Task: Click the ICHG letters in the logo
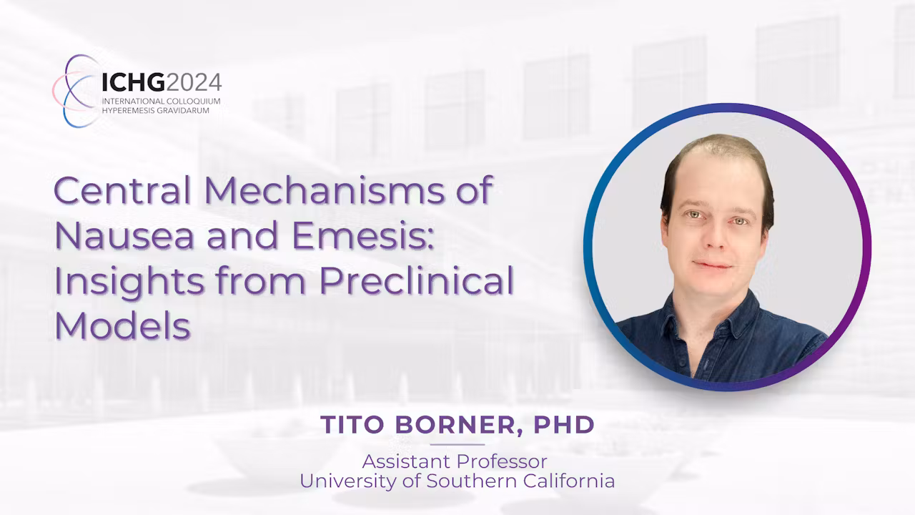(x=134, y=82)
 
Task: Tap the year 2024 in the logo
(x=194, y=82)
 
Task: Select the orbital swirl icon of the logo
(x=76, y=91)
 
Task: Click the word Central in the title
(x=122, y=190)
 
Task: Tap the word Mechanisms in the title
(x=324, y=190)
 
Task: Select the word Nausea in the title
(x=124, y=235)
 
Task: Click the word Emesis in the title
(x=362, y=235)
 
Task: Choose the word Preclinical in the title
(x=416, y=280)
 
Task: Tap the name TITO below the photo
(x=352, y=425)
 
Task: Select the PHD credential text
(x=564, y=425)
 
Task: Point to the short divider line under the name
(x=457, y=444)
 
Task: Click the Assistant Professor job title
(x=455, y=462)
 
